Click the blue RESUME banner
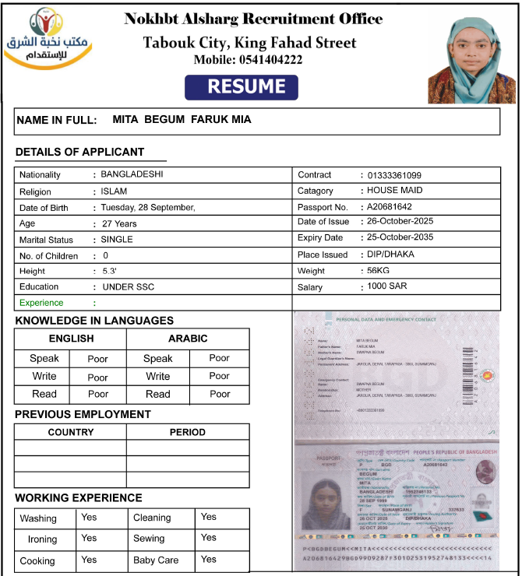242,87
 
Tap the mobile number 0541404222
249,59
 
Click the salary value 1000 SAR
387,286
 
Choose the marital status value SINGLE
117,240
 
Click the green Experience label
41,303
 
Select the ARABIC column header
188,339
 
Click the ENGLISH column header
71,339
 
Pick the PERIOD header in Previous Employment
188,432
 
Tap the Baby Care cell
156,560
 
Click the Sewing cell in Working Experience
149,538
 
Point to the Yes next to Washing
89,517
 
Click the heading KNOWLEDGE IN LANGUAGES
94,321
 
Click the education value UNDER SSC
129,286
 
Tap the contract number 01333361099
394,175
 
